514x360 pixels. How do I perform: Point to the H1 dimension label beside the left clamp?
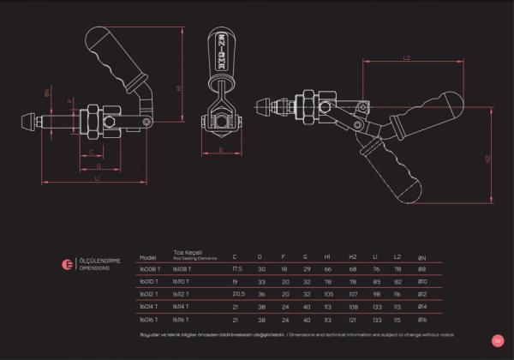[x=179, y=87]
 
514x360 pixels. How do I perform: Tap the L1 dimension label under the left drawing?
[x=98, y=179]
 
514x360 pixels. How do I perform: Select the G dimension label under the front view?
[x=221, y=150]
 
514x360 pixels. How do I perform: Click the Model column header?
[x=148, y=256]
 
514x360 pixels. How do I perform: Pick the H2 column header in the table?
[x=351, y=256]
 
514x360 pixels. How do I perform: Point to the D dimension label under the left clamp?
[x=99, y=165]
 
